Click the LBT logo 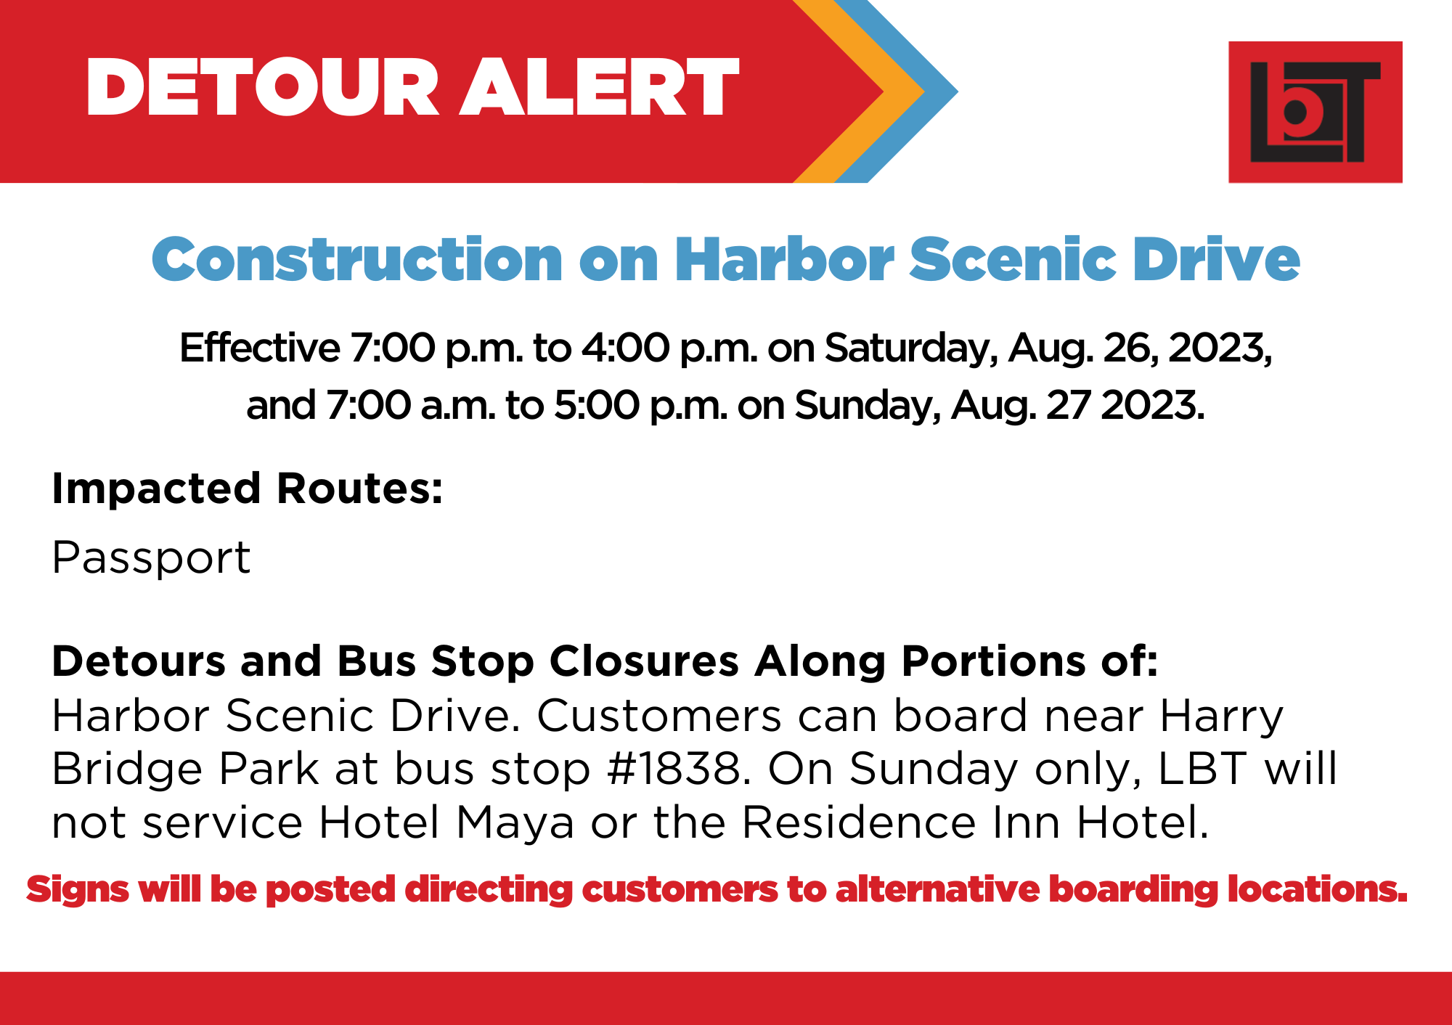1315,112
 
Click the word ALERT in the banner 599,87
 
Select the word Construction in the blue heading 357,259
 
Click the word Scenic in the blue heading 1013,259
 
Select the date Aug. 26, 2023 1140,348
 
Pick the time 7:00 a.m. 411,405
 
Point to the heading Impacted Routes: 248,489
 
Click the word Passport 151,558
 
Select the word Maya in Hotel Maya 515,823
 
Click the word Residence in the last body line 859,822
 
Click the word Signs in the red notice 78,890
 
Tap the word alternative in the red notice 937,889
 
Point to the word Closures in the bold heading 644,661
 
